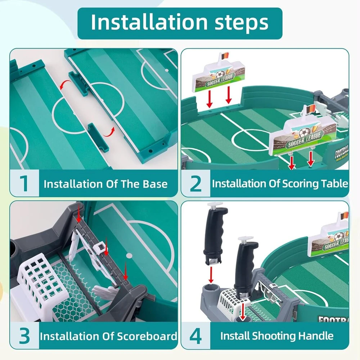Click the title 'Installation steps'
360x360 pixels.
(180, 22)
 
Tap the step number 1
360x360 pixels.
(24, 184)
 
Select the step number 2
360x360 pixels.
(195, 184)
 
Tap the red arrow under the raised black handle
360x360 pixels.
(211, 274)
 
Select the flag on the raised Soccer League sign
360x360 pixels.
(225, 56)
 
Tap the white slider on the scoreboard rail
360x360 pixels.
(99, 247)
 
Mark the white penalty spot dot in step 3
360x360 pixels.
(129, 256)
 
